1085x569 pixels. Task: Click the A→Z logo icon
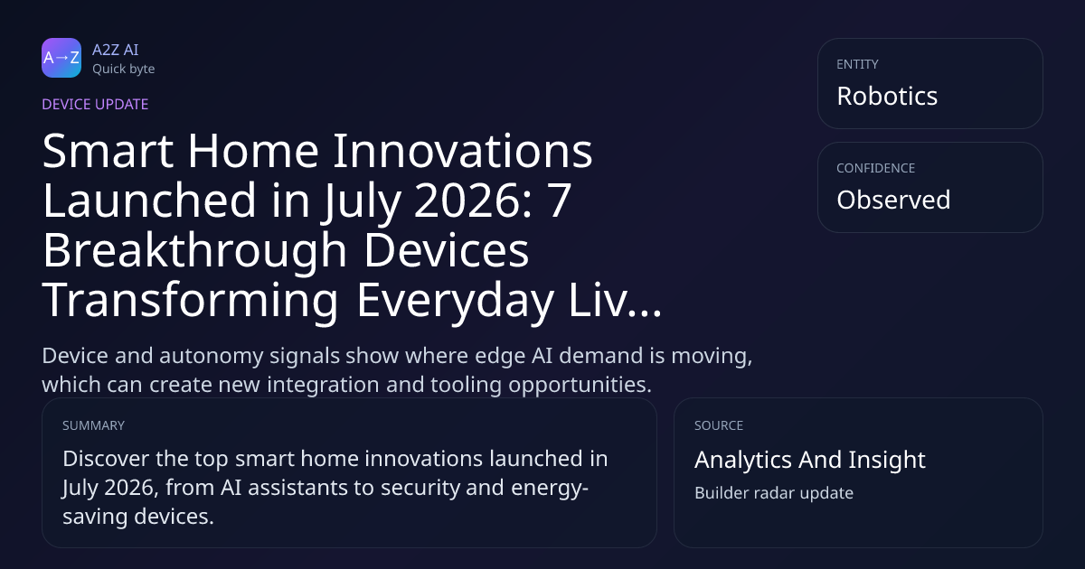coord(61,58)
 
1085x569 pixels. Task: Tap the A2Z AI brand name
coord(116,50)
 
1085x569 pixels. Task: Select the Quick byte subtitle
coord(124,70)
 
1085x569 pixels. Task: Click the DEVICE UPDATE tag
coord(95,105)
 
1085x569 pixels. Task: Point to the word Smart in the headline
coord(108,152)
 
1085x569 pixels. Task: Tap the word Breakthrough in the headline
coord(194,250)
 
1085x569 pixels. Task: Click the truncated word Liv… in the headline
coord(615,300)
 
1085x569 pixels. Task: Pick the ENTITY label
coord(857,64)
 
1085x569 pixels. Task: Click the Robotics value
coord(887,96)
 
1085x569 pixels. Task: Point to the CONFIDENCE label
coord(876,168)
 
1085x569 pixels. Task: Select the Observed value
coord(893,200)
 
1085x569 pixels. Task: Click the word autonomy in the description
coord(211,357)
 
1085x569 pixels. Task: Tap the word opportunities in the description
coord(580,386)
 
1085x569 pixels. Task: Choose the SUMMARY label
coord(93,425)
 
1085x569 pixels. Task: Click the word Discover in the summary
coord(106,459)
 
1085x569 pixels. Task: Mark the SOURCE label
coord(718,425)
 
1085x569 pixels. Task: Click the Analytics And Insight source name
coord(810,460)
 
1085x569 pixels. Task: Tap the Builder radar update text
coord(774,493)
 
